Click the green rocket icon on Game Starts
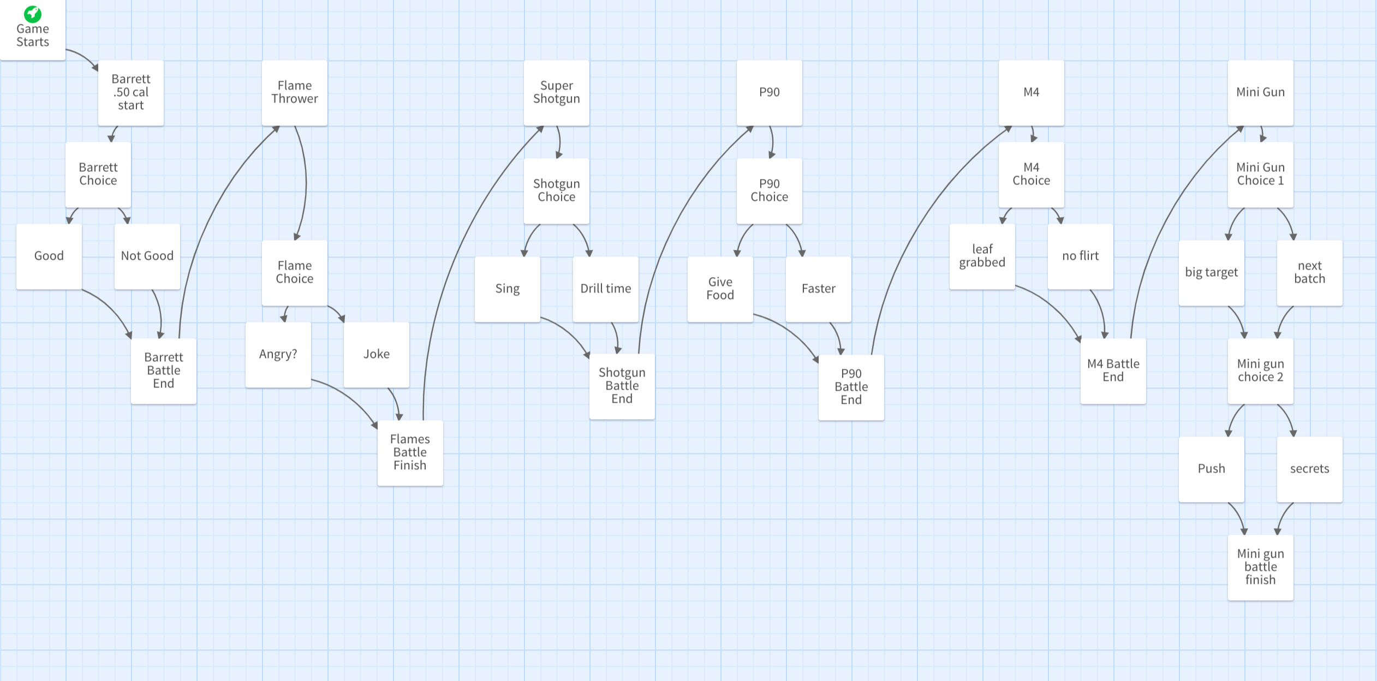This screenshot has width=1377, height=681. [33, 13]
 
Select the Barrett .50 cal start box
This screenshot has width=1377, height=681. [131, 93]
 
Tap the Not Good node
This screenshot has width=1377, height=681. [147, 256]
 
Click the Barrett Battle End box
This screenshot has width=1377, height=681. [164, 371]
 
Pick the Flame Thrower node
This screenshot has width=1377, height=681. [295, 93]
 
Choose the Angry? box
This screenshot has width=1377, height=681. [278, 355]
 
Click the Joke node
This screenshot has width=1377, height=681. [377, 355]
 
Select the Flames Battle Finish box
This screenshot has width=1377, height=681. [410, 453]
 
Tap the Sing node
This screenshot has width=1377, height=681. [508, 289]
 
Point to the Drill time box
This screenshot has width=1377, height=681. [606, 289]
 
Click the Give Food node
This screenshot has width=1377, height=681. [720, 289]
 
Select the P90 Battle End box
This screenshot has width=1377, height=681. [851, 387]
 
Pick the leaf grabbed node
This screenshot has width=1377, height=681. [982, 256]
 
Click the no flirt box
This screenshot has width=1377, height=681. [1081, 256]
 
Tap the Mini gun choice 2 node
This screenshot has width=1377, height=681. [1261, 371]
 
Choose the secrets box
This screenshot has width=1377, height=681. [1310, 469]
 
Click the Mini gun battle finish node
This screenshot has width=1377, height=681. [1261, 567]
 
